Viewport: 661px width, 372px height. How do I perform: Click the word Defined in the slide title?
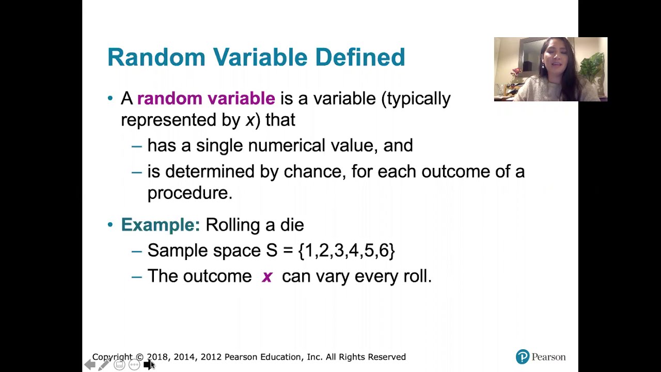[x=360, y=57]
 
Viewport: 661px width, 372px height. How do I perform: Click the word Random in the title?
[x=156, y=57]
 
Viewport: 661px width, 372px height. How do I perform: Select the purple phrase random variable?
[x=206, y=98]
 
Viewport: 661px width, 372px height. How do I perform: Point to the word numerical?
[x=286, y=146]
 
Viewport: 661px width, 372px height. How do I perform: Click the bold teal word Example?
[x=161, y=225]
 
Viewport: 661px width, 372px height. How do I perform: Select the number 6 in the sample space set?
[x=384, y=251]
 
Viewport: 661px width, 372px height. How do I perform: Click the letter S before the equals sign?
[x=272, y=251]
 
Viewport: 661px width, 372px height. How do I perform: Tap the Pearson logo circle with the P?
[x=523, y=357]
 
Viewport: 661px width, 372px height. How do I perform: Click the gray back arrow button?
[x=90, y=365]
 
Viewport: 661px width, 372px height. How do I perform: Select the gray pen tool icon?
[x=104, y=365]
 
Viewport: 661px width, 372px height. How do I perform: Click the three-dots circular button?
[x=134, y=365]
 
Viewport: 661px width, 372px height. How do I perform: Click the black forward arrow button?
[x=148, y=365]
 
